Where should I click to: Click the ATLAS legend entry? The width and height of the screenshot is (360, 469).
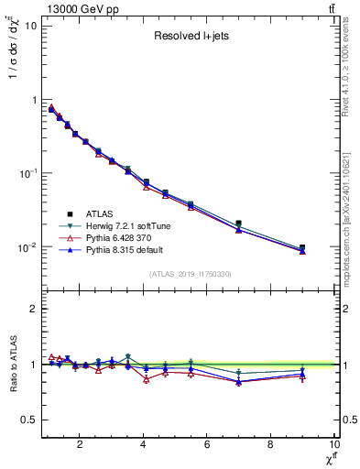pyautogui.click(x=107, y=213)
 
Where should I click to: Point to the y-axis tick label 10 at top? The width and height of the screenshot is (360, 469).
pyautogui.click(x=28, y=26)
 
